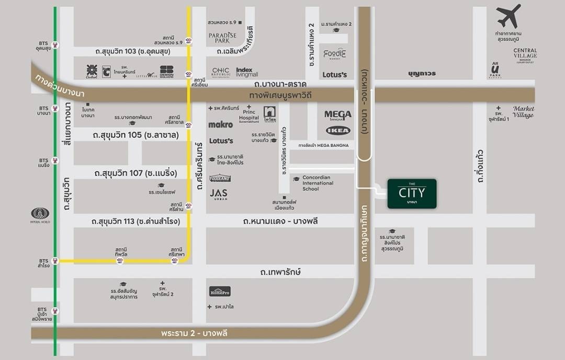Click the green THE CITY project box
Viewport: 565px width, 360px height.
(412, 194)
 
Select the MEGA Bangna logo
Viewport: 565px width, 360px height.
(337, 115)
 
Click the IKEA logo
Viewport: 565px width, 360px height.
(337, 130)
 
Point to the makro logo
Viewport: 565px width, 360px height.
(220, 125)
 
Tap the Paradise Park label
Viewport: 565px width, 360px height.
(222, 38)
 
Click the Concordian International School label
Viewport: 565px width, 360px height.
(318, 183)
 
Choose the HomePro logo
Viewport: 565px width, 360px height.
(220, 291)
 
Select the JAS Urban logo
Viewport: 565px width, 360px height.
(219, 194)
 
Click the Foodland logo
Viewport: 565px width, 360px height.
(220, 178)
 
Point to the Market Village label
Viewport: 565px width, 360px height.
(523, 111)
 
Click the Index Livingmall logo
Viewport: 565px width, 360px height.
(247, 72)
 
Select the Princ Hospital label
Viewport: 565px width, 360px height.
(249, 114)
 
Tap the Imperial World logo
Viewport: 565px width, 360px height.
(40, 214)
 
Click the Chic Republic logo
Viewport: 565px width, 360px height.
(221, 72)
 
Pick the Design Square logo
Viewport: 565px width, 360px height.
(167, 72)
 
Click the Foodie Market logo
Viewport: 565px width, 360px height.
(334, 54)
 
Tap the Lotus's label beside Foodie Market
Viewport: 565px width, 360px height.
(334, 75)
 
